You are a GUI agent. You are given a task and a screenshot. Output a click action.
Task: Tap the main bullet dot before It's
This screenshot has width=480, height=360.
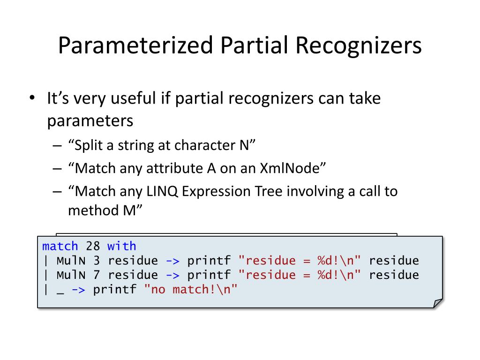[31, 99]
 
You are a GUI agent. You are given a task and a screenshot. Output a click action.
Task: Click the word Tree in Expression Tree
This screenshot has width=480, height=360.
[274, 191]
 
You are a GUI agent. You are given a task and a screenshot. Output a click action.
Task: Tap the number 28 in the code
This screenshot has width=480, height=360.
[93, 246]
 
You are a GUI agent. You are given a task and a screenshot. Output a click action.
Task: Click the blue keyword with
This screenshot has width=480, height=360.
[122, 246]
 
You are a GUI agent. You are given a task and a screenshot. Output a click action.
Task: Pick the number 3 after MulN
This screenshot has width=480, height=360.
[97, 261]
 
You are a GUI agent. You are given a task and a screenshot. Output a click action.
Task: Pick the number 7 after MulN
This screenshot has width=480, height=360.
[97, 275]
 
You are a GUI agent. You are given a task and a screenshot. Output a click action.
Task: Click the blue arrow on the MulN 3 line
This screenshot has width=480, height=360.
[172, 261]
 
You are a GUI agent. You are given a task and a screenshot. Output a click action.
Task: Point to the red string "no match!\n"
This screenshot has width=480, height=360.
[191, 289]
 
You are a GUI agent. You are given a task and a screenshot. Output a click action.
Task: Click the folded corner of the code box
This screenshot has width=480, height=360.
[437, 303]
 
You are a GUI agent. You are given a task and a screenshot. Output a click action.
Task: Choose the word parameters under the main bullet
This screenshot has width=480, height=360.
[90, 121]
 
